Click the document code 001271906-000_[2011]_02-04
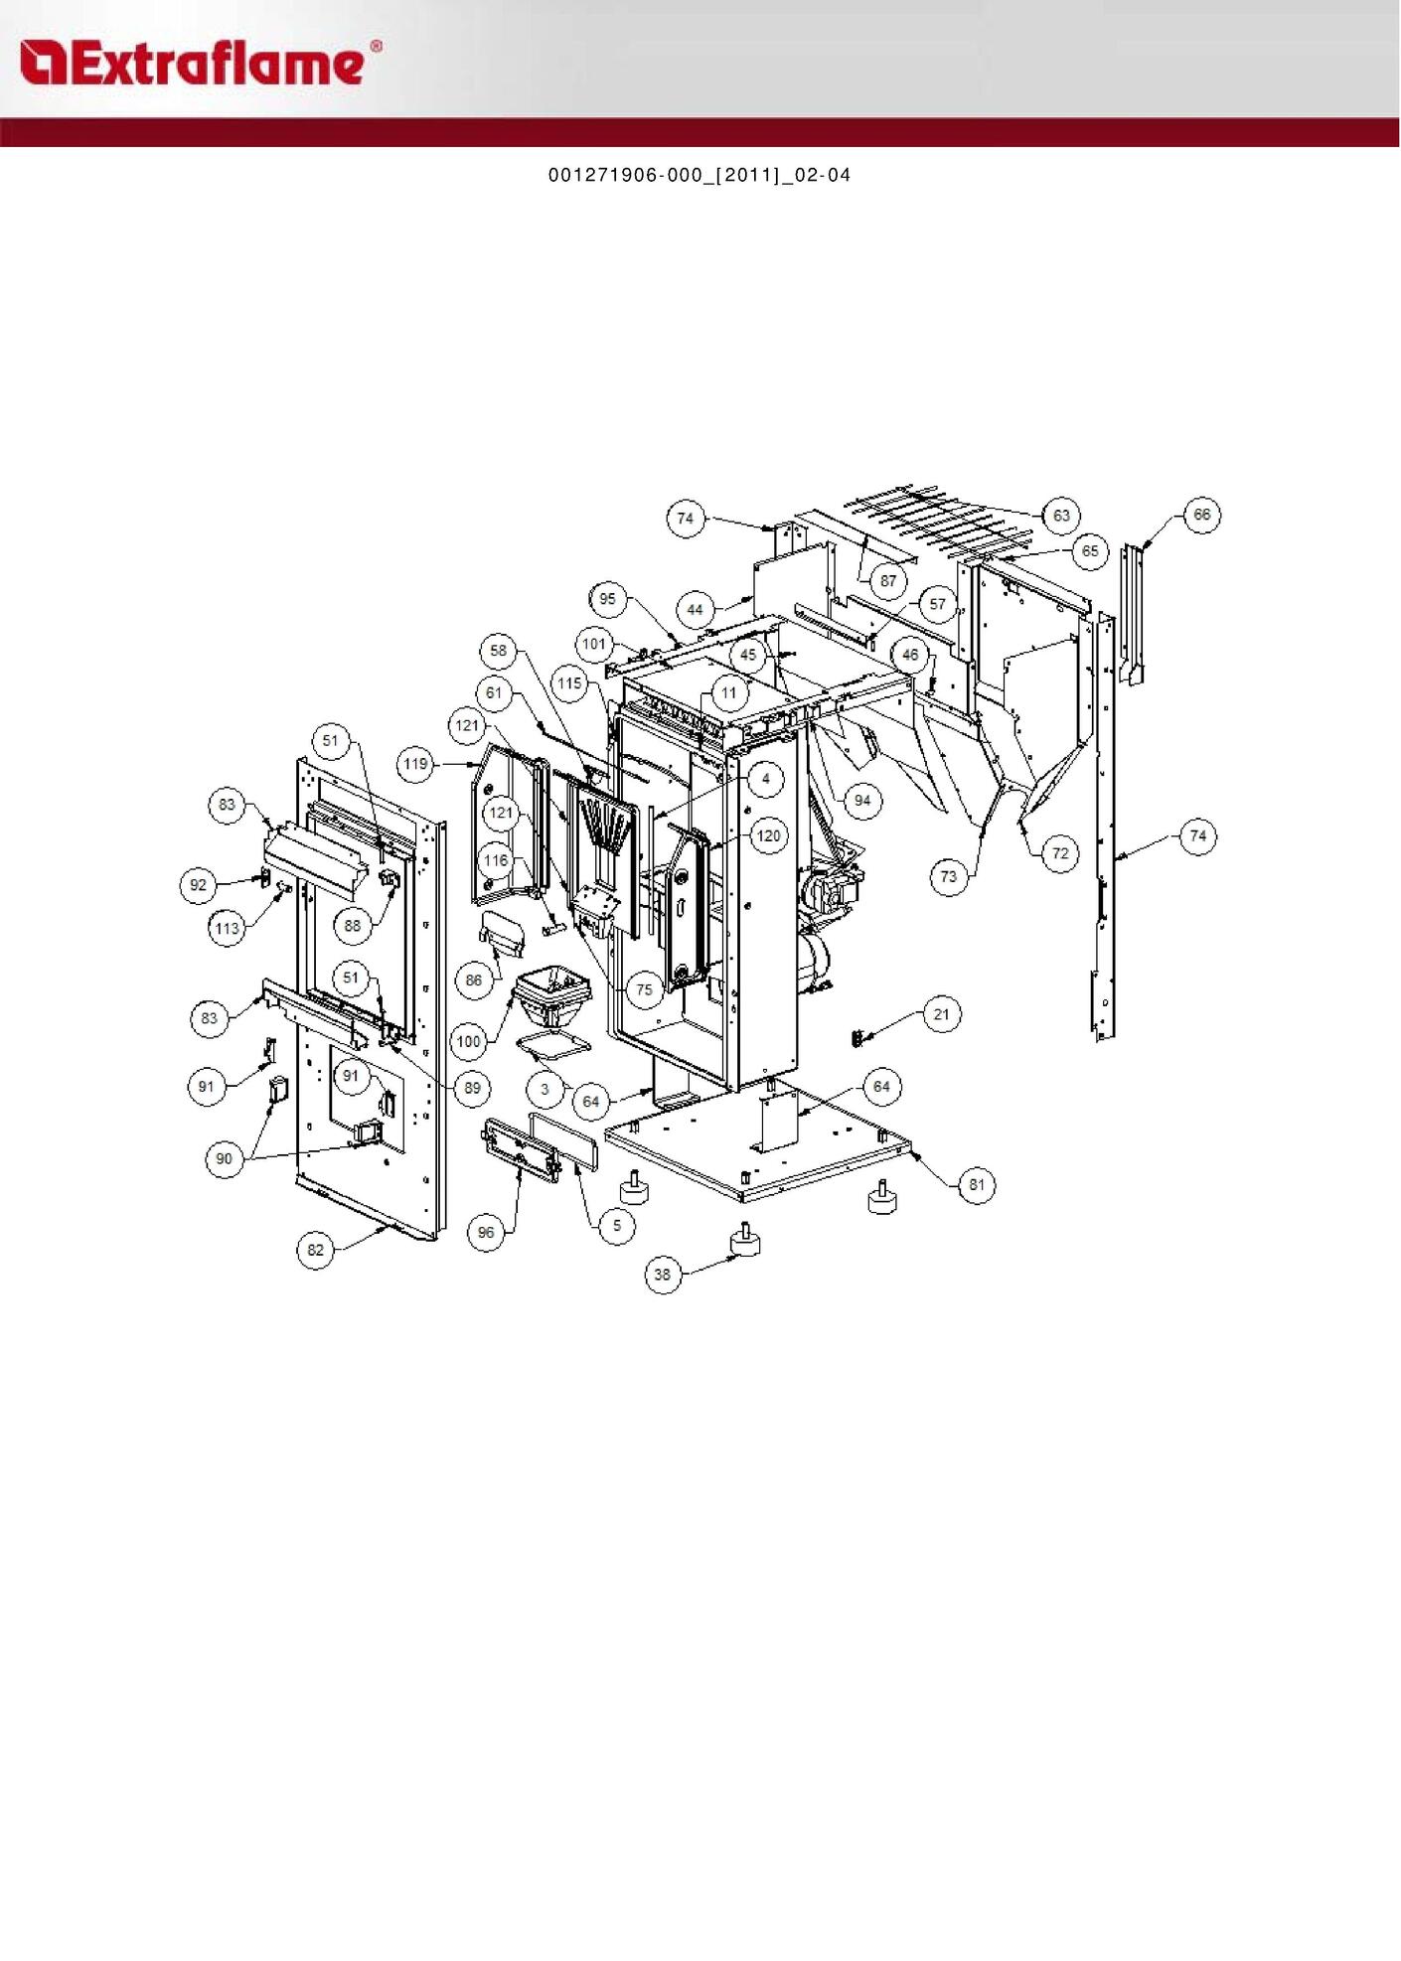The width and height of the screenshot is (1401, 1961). coord(700,175)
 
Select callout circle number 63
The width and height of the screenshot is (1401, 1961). coord(1061,515)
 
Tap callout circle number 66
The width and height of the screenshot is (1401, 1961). coord(1202,515)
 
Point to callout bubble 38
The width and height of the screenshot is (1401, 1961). coord(663,1275)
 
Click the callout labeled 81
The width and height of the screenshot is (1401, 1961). coord(977,1184)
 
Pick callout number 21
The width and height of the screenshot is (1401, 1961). coord(941,1014)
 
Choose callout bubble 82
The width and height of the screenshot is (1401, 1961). coord(316,1250)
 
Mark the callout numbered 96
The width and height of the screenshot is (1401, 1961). coord(486,1233)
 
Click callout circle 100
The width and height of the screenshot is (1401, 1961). coord(469,1041)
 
